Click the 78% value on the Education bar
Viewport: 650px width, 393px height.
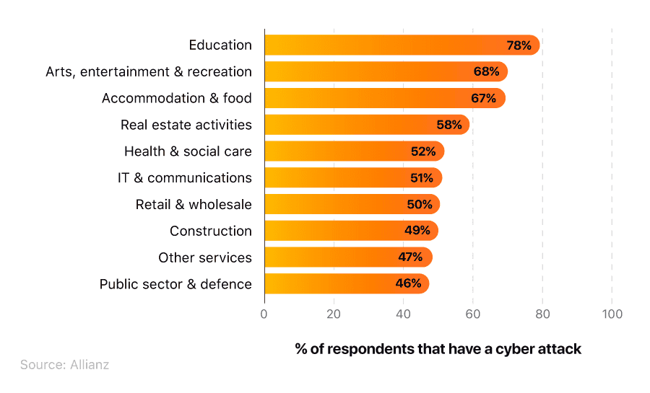519,45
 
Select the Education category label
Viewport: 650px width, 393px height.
220,45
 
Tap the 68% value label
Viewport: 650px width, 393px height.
486,72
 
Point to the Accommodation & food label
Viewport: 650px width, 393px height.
176,98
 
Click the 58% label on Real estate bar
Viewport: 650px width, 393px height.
448,125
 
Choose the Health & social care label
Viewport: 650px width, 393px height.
188,151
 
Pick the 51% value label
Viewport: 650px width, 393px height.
421,178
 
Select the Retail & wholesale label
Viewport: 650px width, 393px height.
194,205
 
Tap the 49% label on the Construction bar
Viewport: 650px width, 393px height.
417,231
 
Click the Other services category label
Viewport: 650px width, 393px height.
205,257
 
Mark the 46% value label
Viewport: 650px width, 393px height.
408,283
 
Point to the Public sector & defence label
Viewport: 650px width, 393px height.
175,284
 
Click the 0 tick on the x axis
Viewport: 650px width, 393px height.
264,314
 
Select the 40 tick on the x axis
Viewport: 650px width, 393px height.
403,314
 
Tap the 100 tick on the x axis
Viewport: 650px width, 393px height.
612,314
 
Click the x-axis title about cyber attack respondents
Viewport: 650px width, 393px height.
438,349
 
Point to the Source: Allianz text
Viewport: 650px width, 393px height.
65,365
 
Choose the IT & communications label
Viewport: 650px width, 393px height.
185,178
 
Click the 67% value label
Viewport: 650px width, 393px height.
483,98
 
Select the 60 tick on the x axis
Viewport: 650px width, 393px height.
472,314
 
